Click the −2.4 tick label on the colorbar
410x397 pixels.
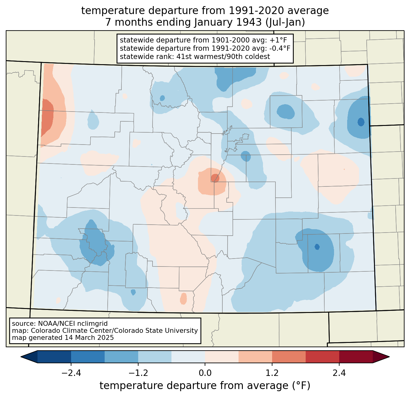click(x=71, y=373)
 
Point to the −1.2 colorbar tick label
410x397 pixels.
click(x=138, y=373)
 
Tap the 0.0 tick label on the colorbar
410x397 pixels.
click(x=205, y=373)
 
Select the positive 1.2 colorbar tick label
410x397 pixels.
click(x=272, y=373)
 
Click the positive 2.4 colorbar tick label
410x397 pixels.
click(x=339, y=373)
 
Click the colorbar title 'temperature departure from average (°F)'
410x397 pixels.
click(x=205, y=386)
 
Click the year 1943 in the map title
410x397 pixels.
click(x=249, y=22)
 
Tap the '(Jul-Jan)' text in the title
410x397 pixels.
click(x=285, y=22)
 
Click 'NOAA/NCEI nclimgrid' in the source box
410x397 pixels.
click(x=73, y=324)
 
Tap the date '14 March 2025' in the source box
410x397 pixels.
click(x=89, y=337)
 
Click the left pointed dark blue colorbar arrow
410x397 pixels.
click(x=29, y=357)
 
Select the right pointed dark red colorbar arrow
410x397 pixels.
click(x=381, y=357)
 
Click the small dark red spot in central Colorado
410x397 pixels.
click(x=215, y=178)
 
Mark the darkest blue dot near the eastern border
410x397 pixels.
click(x=361, y=122)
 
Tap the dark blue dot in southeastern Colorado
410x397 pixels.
click(x=317, y=247)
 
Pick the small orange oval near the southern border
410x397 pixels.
click(x=184, y=298)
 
